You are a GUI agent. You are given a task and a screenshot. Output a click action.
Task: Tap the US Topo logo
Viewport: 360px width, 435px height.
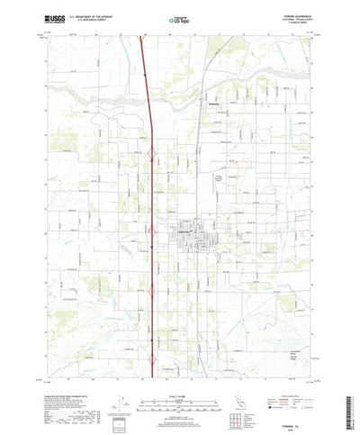pos(180,18)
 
